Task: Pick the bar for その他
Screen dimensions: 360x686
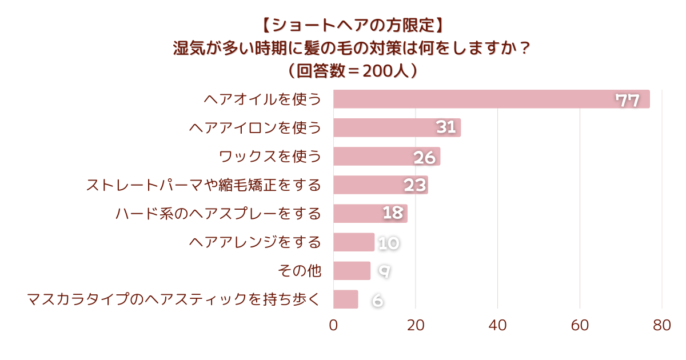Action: [x=352, y=270]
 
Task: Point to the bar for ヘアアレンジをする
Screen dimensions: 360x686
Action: [x=353, y=242]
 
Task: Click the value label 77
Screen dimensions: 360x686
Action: [x=627, y=101]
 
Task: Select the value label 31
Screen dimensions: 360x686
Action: [x=446, y=127]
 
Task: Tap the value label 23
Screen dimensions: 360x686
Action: [x=416, y=185]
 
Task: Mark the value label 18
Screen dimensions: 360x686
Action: [x=393, y=214]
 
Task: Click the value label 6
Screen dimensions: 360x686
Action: [x=377, y=300]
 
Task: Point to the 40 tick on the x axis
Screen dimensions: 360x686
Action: [x=497, y=326]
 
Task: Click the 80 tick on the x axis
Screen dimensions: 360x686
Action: [x=662, y=326]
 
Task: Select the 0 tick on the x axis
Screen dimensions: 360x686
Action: [x=333, y=326]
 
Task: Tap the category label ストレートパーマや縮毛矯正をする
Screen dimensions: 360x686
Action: [x=204, y=185]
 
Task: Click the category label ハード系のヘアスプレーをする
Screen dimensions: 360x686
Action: [x=218, y=214]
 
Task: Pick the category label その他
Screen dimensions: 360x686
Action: [x=299, y=271]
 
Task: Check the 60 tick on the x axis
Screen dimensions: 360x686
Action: [x=580, y=326]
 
